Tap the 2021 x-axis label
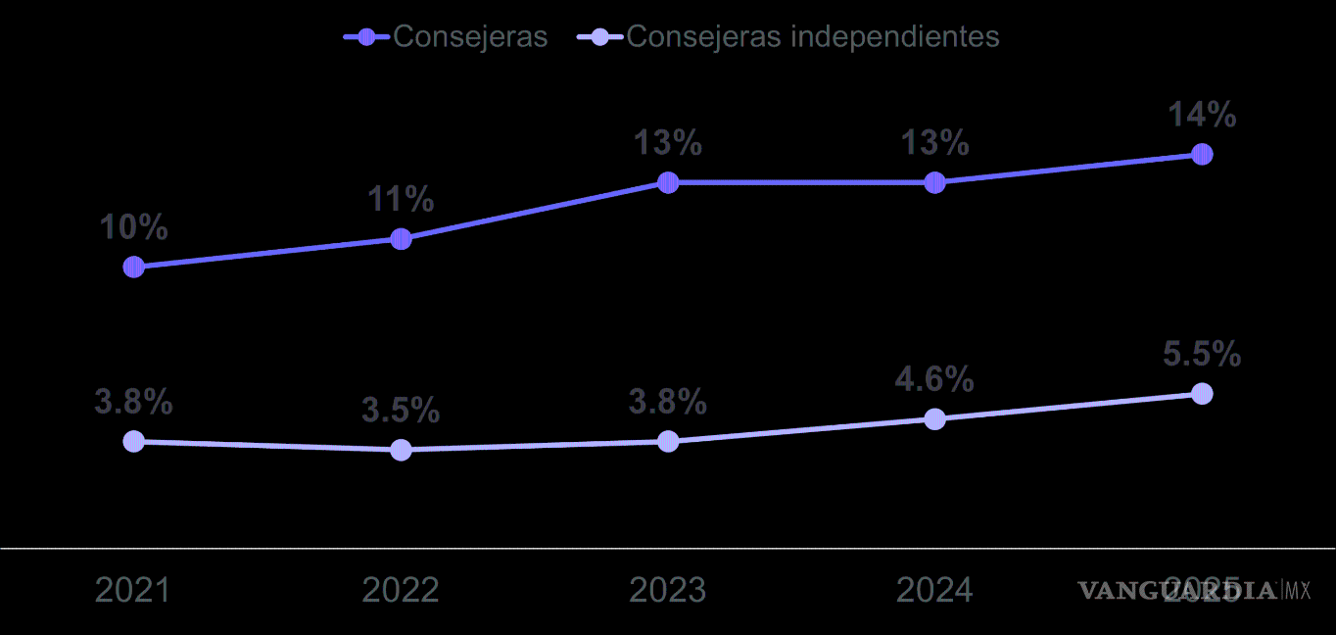point(133,590)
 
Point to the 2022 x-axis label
point(401,590)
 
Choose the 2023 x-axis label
point(667,590)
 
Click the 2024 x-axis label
point(934,590)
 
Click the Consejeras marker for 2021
point(134,267)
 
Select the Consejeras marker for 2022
point(401,239)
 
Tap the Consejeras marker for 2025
point(1202,155)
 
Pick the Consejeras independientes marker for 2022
point(401,450)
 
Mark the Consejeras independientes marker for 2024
point(935,419)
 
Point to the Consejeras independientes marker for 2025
point(1202,394)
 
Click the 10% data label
point(134,228)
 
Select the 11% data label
point(401,200)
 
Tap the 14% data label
point(1202,116)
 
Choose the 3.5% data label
point(401,411)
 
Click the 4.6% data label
point(934,380)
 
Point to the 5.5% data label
point(1202,355)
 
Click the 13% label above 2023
point(668,144)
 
